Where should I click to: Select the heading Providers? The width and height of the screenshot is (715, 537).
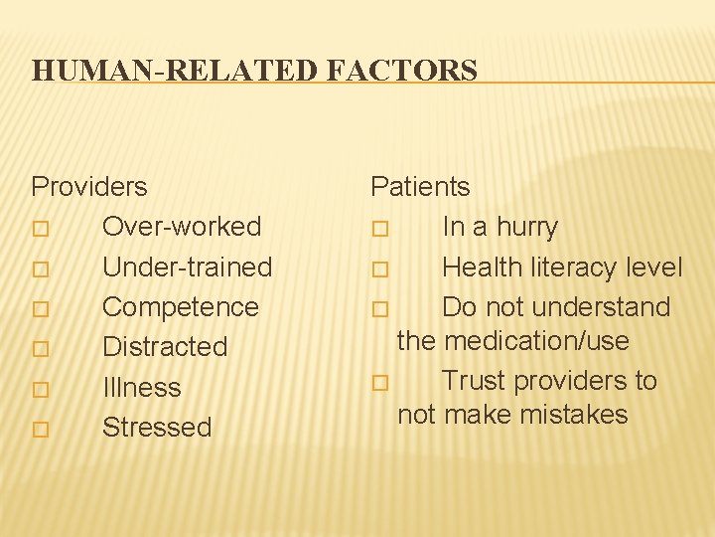point(89,187)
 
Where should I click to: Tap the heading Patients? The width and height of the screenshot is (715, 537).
point(420,187)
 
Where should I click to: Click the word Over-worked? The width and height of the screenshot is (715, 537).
point(182,227)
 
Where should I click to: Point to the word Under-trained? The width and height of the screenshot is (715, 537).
point(187,268)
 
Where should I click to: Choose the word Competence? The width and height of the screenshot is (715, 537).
point(180,307)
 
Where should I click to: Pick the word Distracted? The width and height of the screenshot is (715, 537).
point(165,347)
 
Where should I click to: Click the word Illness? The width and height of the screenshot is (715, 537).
point(142,388)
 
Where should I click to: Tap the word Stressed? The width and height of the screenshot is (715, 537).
point(157,428)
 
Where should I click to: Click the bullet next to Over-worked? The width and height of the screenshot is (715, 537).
point(39,229)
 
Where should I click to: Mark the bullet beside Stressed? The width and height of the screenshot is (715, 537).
point(39,430)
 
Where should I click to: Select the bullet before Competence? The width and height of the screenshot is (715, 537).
point(39,309)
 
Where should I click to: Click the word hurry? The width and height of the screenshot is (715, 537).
point(527,227)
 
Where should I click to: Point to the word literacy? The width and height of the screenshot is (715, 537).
point(570,268)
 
